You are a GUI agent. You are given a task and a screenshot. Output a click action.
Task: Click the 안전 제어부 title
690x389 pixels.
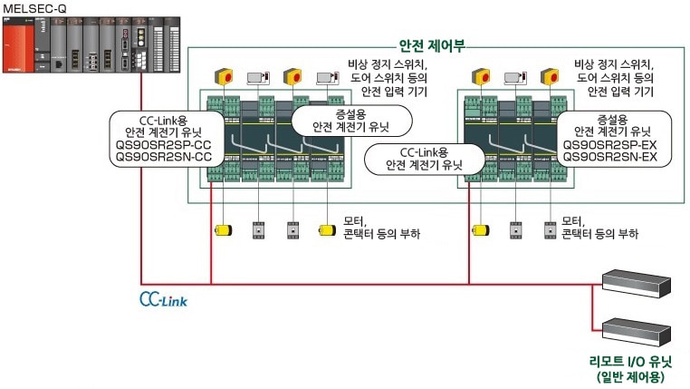click(x=432, y=45)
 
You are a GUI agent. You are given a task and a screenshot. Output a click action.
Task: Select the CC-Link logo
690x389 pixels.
click(x=164, y=297)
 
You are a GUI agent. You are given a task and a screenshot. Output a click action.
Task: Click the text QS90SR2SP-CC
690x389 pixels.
click(x=165, y=144)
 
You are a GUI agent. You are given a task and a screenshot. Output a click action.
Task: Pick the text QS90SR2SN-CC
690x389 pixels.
click(x=165, y=157)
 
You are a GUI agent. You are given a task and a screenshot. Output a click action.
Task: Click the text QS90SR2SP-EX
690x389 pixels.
click(x=609, y=144)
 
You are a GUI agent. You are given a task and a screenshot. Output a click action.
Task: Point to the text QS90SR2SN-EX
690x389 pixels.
click(x=609, y=157)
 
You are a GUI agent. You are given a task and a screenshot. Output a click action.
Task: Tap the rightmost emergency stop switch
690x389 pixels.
click(x=547, y=76)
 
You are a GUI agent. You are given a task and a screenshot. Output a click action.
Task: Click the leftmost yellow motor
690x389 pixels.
click(x=221, y=229)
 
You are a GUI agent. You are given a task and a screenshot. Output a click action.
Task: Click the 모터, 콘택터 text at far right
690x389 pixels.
click(x=600, y=227)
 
